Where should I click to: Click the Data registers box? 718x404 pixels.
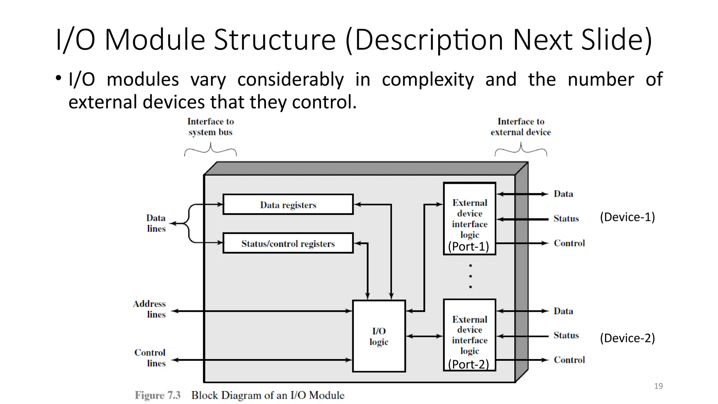coord(288,204)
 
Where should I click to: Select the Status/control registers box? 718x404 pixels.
coord(288,243)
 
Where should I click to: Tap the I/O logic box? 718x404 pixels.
coord(379,336)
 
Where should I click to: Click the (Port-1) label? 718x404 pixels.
coord(468,247)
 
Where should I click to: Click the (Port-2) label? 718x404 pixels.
coord(468,364)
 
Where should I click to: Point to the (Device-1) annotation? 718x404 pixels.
coord(627,217)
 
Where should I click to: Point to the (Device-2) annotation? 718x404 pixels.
coord(627,338)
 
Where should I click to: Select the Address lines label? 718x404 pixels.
coord(149,309)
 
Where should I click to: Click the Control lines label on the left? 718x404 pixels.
coord(150,358)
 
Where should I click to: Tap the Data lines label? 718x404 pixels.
coord(156,223)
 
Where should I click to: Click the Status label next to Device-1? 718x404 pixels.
coord(566,218)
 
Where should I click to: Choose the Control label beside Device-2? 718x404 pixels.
coord(569,360)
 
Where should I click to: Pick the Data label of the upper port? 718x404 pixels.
coord(563,194)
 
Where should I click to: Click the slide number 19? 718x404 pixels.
coord(658,386)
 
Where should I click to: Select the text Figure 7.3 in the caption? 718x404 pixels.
coord(158,395)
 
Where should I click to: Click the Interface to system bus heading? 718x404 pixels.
coord(210,127)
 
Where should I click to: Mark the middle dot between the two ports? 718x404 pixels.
coord(470,276)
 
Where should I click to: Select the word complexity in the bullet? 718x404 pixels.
coord(428,79)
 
